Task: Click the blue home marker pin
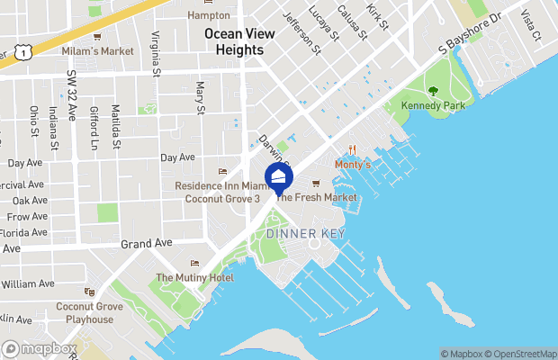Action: click(x=278, y=176)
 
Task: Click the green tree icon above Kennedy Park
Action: click(x=433, y=90)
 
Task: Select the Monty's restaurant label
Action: click(x=352, y=166)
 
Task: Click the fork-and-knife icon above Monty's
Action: click(x=352, y=150)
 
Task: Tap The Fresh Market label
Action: click(x=310, y=196)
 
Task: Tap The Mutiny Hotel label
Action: click(x=194, y=277)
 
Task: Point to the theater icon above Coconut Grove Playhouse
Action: click(x=88, y=292)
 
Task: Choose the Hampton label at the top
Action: click(x=209, y=15)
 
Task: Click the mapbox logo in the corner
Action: click(x=40, y=348)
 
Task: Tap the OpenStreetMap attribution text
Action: click(x=523, y=353)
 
